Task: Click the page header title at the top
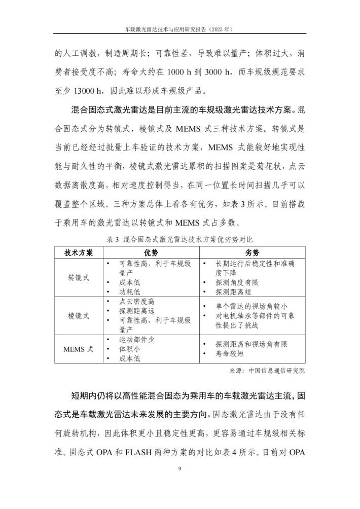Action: [179, 29]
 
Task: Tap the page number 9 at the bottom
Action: [179, 468]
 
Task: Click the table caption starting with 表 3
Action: [179, 239]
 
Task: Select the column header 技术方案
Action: [79, 252]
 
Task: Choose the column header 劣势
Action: [252, 252]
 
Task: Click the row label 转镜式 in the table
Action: [79, 278]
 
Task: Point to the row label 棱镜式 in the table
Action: [79, 315]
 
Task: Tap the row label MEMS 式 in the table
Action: [79, 349]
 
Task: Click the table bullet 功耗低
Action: [130, 292]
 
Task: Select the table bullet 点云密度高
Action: [137, 301]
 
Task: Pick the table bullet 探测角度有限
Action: [237, 282]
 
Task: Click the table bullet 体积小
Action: [130, 349]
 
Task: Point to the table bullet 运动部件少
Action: [137, 340]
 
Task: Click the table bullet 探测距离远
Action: [137, 311]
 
